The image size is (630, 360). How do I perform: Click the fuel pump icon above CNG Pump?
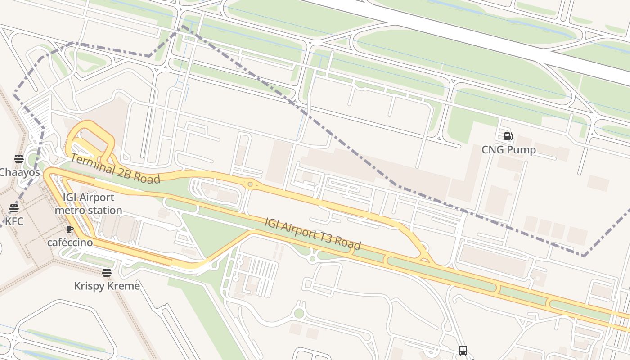(x=508, y=136)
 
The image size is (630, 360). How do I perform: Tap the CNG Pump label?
(x=508, y=150)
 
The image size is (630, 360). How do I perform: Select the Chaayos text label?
(x=19, y=172)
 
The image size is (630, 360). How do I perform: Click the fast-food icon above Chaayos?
(x=18, y=158)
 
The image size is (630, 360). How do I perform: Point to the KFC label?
(x=13, y=221)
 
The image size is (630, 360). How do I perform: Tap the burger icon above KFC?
(x=14, y=208)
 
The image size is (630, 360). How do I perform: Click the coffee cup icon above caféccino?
(x=70, y=229)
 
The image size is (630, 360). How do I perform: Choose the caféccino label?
(x=70, y=243)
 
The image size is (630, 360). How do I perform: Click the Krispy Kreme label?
(x=107, y=286)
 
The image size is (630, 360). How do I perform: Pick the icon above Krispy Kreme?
(x=107, y=272)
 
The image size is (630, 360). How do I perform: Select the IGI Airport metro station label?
(x=89, y=204)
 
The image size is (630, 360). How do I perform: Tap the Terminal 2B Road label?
(x=115, y=168)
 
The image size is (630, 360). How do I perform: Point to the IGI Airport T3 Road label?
(x=313, y=234)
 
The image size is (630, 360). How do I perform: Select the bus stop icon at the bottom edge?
(x=463, y=350)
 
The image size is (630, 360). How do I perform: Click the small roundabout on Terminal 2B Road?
(x=250, y=184)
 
